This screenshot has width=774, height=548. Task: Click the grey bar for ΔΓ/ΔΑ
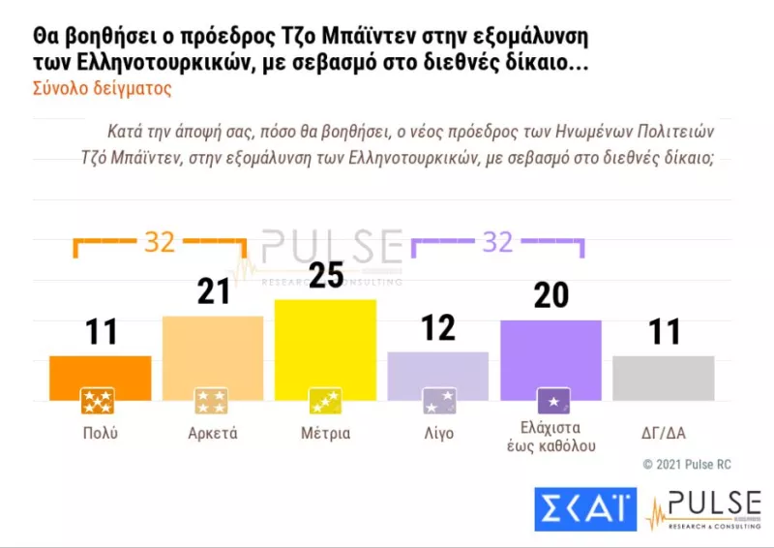tap(664, 378)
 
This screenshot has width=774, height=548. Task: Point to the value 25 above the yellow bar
tap(325, 277)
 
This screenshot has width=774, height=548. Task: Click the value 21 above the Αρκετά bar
tap(213, 291)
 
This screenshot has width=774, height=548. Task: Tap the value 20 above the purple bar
tap(551, 295)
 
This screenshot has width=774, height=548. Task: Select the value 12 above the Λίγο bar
tap(438, 328)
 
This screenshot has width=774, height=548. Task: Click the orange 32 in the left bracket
tap(159, 241)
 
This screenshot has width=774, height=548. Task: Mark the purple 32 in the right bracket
tap(497, 241)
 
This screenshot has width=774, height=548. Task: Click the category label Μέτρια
tap(325, 433)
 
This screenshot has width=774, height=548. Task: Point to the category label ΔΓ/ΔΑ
tap(664, 433)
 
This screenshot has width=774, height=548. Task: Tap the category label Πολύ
tap(100, 433)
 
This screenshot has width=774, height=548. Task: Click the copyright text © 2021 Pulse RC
tap(687, 465)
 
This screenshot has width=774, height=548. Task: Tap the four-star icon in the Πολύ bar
tap(98, 400)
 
